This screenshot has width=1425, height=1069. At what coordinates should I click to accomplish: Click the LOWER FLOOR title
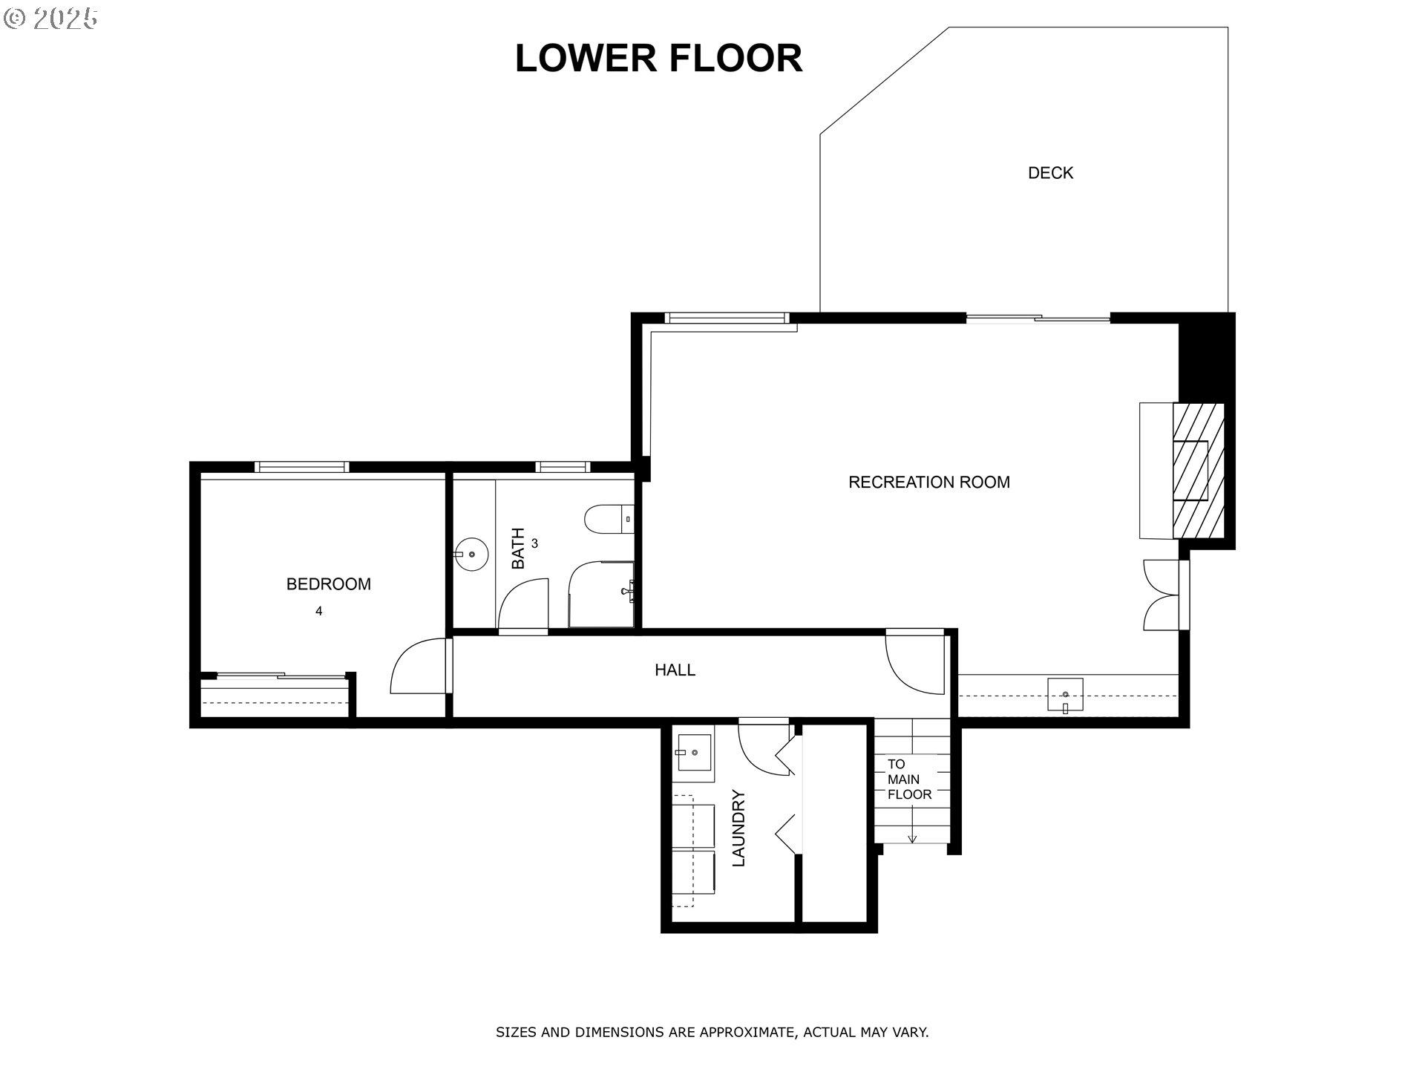tap(658, 59)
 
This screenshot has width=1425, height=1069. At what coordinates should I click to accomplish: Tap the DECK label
tap(1050, 173)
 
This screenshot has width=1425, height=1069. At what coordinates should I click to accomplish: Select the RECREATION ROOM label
tap(928, 483)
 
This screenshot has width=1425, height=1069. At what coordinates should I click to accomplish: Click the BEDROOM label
tap(328, 584)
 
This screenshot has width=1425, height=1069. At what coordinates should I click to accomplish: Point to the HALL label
tap(675, 670)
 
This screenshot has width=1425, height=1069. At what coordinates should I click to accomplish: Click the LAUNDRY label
tap(738, 828)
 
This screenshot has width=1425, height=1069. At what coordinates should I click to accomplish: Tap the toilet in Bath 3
tap(609, 520)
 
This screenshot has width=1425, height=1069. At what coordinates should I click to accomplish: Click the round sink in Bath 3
tap(471, 554)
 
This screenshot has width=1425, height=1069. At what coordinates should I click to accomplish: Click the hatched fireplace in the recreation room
tap(1197, 471)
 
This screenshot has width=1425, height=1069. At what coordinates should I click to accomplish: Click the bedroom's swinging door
tap(418, 666)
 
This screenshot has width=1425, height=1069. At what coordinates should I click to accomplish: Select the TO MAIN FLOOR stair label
tap(909, 779)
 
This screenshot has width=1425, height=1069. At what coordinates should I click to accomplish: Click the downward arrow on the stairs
tap(912, 836)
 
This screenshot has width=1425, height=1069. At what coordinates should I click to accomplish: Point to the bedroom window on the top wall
tap(301, 467)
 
